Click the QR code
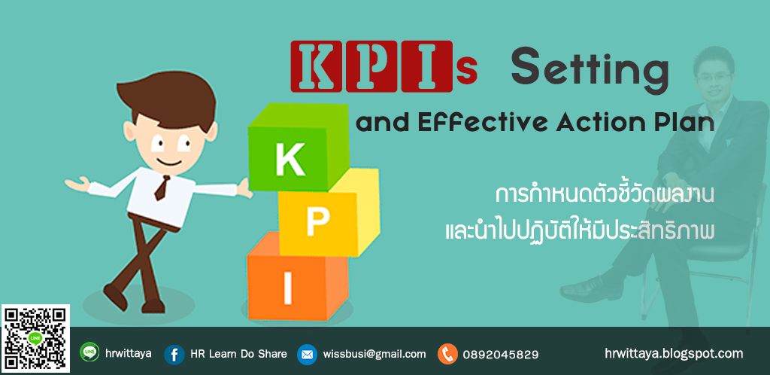35,338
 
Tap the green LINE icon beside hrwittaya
89,352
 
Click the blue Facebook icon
174,354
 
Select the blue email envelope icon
307,354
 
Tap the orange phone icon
447,354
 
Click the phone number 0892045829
501,354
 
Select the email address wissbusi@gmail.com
374,354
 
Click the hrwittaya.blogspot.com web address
674,352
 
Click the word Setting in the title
590,70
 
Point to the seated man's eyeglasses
712,77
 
